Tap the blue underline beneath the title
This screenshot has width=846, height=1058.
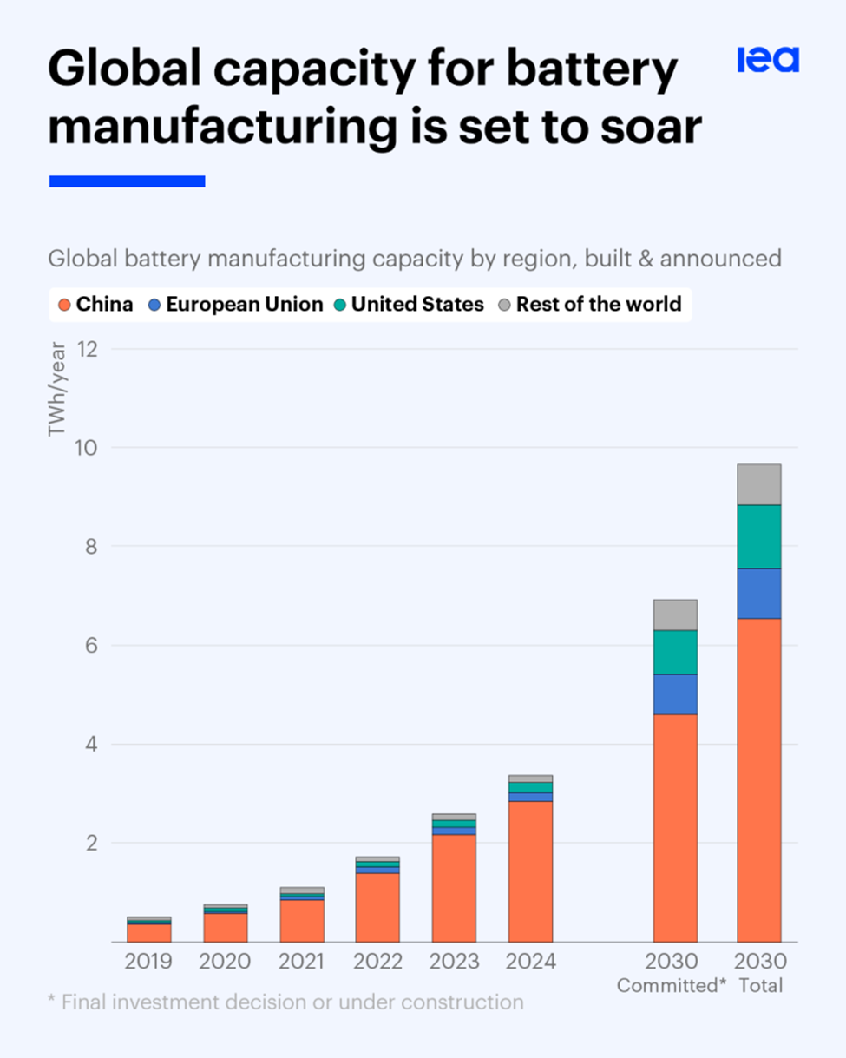pyautogui.click(x=127, y=181)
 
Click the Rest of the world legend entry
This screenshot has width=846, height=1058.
pyautogui.click(x=589, y=305)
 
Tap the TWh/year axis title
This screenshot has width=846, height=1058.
pyautogui.click(x=57, y=391)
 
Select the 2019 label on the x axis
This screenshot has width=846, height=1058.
pyautogui.click(x=149, y=962)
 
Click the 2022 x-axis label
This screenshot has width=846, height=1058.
pyautogui.click(x=377, y=962)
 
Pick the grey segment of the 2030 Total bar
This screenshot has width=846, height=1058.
pyautogui.click(x=758, y=484)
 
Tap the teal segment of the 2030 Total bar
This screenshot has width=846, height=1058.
pyautogui.click(x=758, y=536)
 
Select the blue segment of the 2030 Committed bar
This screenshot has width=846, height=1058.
pyautogui.click(x=675, y=694)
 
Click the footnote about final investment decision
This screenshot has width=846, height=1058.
pyautogui.click(x=285, y=1002)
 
